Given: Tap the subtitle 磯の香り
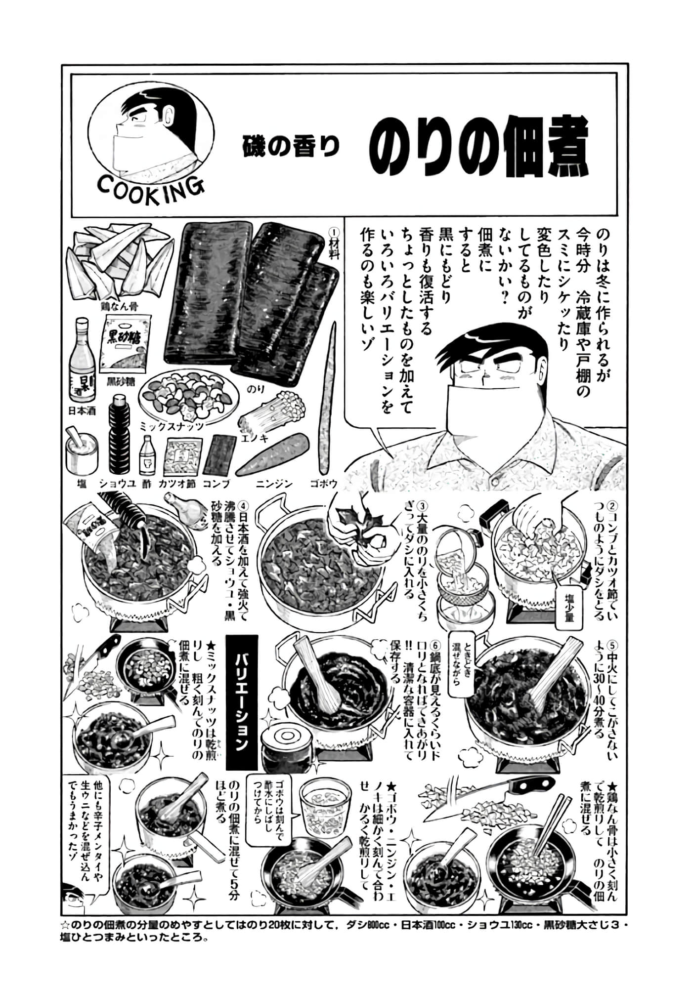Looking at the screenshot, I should click(291, 147).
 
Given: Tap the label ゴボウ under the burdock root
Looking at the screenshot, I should click(323, 484).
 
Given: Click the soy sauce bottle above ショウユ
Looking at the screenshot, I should click(119, 444).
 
